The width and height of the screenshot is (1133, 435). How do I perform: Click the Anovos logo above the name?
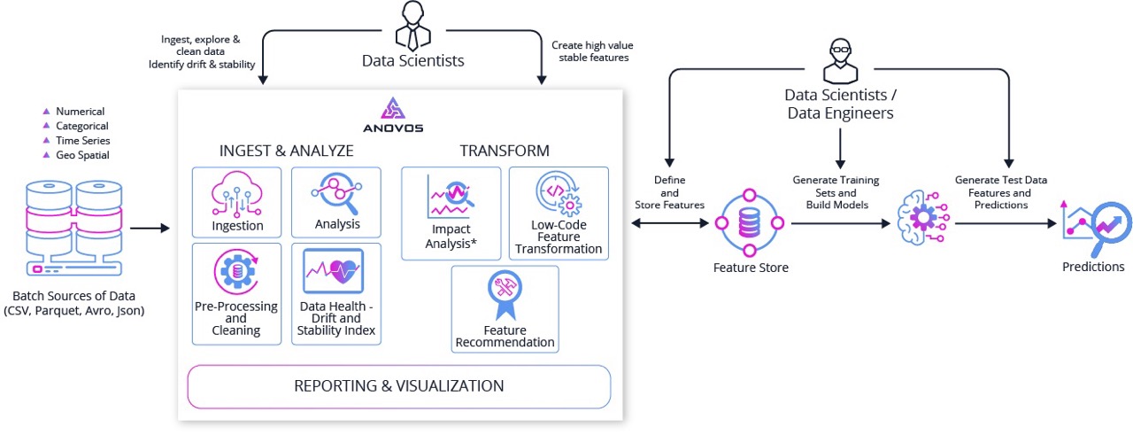(392, 108)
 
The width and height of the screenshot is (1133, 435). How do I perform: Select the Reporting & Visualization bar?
(398, 386)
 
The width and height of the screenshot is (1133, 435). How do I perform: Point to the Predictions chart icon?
(1094, 227)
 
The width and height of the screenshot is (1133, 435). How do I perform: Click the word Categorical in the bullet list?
(82, 126)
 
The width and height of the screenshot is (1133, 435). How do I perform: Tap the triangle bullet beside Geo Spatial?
(46, 155)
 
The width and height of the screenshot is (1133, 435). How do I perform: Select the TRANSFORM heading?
(505, 151)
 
